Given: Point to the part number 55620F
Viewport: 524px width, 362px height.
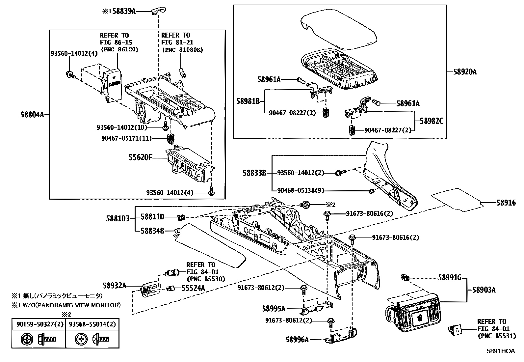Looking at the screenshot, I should tap(141, 157).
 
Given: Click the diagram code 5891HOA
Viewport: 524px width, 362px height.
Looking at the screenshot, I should tap(501, 351).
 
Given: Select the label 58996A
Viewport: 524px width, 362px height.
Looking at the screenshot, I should tap(297, 340).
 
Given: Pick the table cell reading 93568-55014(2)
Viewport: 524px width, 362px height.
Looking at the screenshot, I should tap(92, 324).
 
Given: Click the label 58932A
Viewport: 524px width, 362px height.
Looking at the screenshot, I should tap(114, 285).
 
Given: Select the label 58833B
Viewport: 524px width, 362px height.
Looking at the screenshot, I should tap(254, 173).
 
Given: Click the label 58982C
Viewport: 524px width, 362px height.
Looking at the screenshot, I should tap(432, 121).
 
